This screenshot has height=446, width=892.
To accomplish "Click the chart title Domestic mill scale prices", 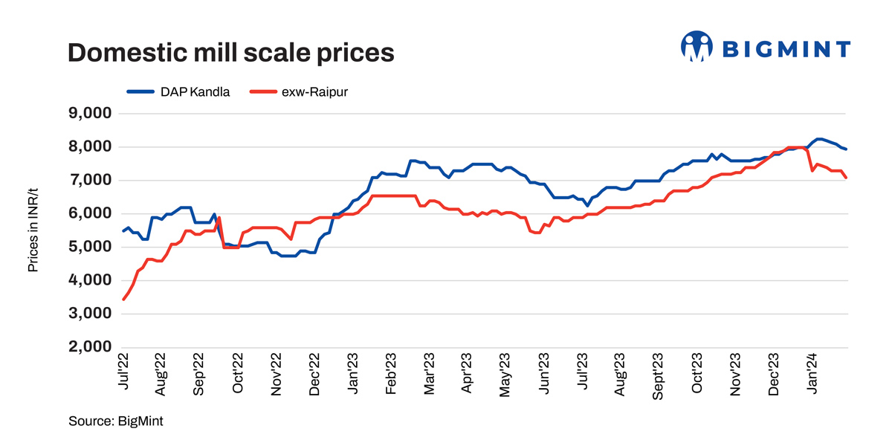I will click(230, 53).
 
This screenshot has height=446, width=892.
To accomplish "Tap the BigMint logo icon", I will click(697, 48).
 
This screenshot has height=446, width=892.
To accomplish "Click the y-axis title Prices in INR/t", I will click(33, 230).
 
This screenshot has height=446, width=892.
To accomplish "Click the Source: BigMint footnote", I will click(115, 421).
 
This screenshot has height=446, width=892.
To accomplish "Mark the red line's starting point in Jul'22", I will click(123, 299).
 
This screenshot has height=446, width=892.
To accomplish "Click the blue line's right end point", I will click(847, 150).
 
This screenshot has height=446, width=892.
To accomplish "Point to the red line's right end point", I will click(847, 178).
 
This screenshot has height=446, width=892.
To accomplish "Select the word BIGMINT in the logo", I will click(786, 50).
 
